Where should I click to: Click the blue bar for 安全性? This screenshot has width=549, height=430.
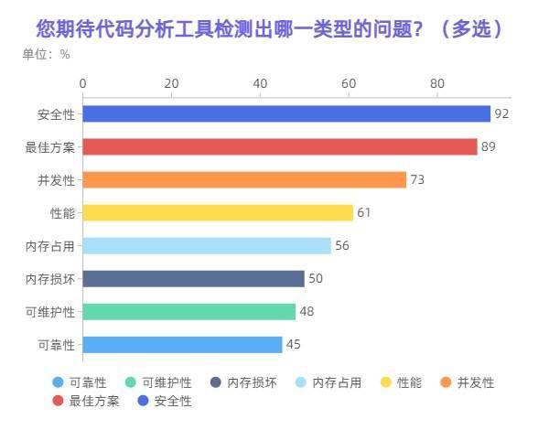(286, 113)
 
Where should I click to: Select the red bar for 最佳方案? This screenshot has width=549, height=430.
(280, 146)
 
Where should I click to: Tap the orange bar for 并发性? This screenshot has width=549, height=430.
(244, 179)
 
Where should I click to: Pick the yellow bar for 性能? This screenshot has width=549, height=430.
(218, 212)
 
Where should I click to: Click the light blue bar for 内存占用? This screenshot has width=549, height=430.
(207, 245)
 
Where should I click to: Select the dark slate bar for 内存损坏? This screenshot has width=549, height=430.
(193, 278)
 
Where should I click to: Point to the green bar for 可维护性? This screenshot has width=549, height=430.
(188, 311)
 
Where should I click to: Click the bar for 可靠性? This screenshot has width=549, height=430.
(182, 344)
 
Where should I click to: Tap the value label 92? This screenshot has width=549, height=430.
(501, 113)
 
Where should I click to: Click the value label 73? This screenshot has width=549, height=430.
(417, 179)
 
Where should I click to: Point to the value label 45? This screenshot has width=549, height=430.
(293, 344)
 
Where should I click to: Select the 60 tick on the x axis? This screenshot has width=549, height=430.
(349, 83)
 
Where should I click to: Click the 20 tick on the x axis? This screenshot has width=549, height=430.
(171, 83)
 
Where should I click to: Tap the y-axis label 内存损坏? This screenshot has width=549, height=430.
(50, 278)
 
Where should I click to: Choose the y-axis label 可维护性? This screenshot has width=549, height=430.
(50, 311)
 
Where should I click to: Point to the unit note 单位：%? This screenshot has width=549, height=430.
(46, 54)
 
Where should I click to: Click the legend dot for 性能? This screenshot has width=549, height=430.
(385, 382)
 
